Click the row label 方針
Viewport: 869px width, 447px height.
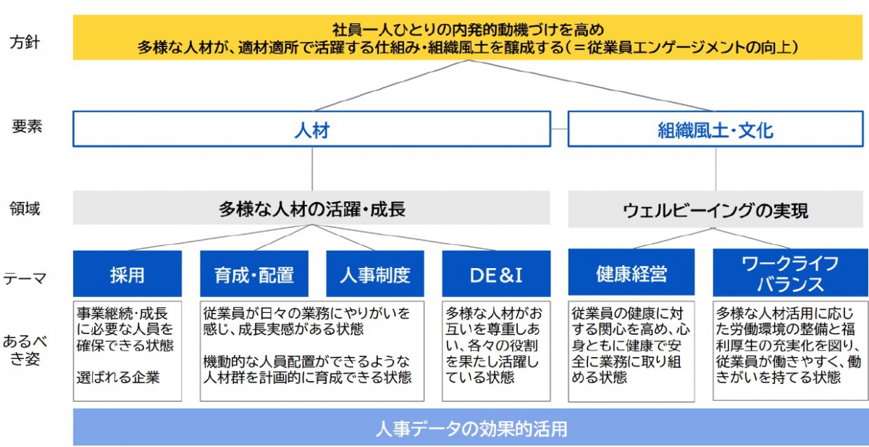pyautogui.click(x=25, y=42)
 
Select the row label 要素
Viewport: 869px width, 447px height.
pyautogui.click(x=27, y=127)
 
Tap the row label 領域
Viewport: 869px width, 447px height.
pyautogui.click(x=25, y=209)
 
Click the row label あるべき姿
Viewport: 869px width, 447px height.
pyautogui.click(x=25, y=351)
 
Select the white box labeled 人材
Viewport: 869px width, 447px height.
pyautogui.click(x=312, y=129)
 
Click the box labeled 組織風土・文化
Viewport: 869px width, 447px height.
pyautogui.click(x=715, y=129)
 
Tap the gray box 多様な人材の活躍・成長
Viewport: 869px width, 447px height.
pyautogui.click(x=311, y=208)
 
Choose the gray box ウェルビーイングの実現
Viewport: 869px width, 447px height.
pyautogui.click(x=715, y=209)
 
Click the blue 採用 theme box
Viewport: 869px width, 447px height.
pyautogui.click(x=127, y=274)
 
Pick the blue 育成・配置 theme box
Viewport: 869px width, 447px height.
pyautogui.click(x=254, y=274)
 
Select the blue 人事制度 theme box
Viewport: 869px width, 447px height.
pyautogui.click(x=375, y=274)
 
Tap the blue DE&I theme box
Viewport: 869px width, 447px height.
pyautogui.click(x=496, y=274)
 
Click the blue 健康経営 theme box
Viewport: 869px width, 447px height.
pyautogui.click(x=631, y=272)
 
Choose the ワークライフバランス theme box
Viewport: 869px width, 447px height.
pyautogui.click(x=790, y=273)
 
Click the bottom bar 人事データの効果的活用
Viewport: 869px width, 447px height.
pyautogui.click(x=471, y=427)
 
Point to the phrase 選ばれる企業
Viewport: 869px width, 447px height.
pyautogui.click(x=118, y=377)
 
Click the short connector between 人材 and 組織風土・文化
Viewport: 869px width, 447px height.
pyautogui.click(x=559, y=129)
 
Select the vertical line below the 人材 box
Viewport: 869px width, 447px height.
pyautogui.click(x=312, y=169)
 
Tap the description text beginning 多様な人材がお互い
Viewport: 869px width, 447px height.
pyautogui.click(x=493, y=345)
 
